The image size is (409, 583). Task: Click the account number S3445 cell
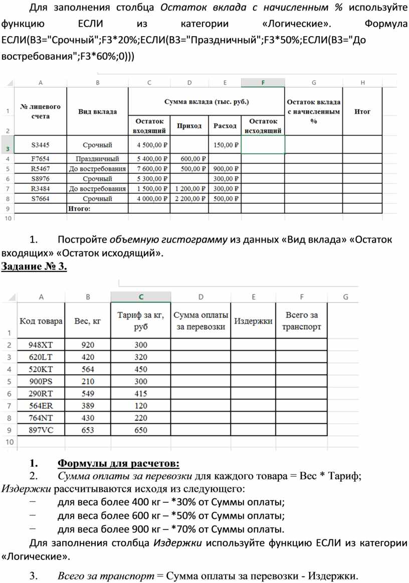40,145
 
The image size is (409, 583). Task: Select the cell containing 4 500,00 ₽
149,145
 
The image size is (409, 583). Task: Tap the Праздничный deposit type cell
97,159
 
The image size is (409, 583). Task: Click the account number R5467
40,169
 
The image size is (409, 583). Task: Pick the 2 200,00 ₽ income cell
190,199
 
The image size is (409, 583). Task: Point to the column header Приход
189,126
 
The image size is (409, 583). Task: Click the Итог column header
362,112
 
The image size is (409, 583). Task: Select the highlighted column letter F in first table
263,83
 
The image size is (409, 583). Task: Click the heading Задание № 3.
35,266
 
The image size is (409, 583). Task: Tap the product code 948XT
41,345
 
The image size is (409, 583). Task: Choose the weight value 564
88,370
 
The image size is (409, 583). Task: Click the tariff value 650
141,430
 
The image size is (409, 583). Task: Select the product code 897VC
41,430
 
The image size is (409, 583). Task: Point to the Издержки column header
254,322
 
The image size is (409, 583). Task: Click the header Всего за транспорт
302,321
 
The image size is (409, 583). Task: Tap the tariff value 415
141,394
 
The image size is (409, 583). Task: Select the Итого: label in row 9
79,208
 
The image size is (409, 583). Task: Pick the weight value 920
88,345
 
